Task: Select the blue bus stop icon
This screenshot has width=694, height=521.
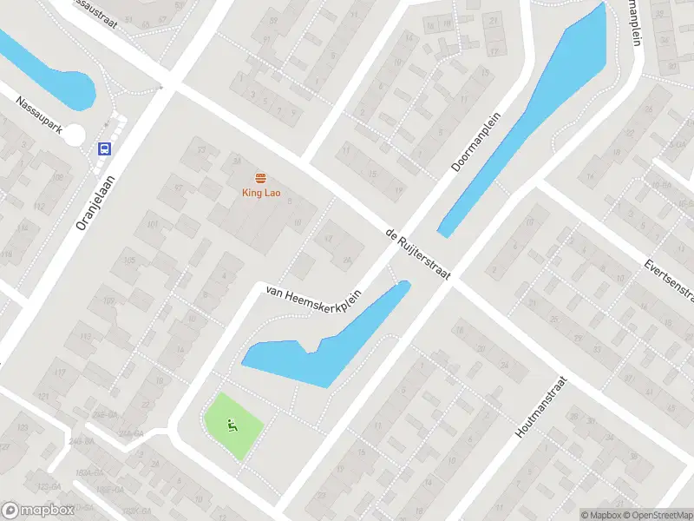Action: tap(105, 148)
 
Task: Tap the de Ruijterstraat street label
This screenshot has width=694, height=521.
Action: tap(418, 254)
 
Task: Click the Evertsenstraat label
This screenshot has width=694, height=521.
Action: tap(670, 280)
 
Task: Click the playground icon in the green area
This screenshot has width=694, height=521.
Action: tap(232, 425)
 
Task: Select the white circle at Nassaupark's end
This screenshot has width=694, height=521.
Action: tap(75, 135)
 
